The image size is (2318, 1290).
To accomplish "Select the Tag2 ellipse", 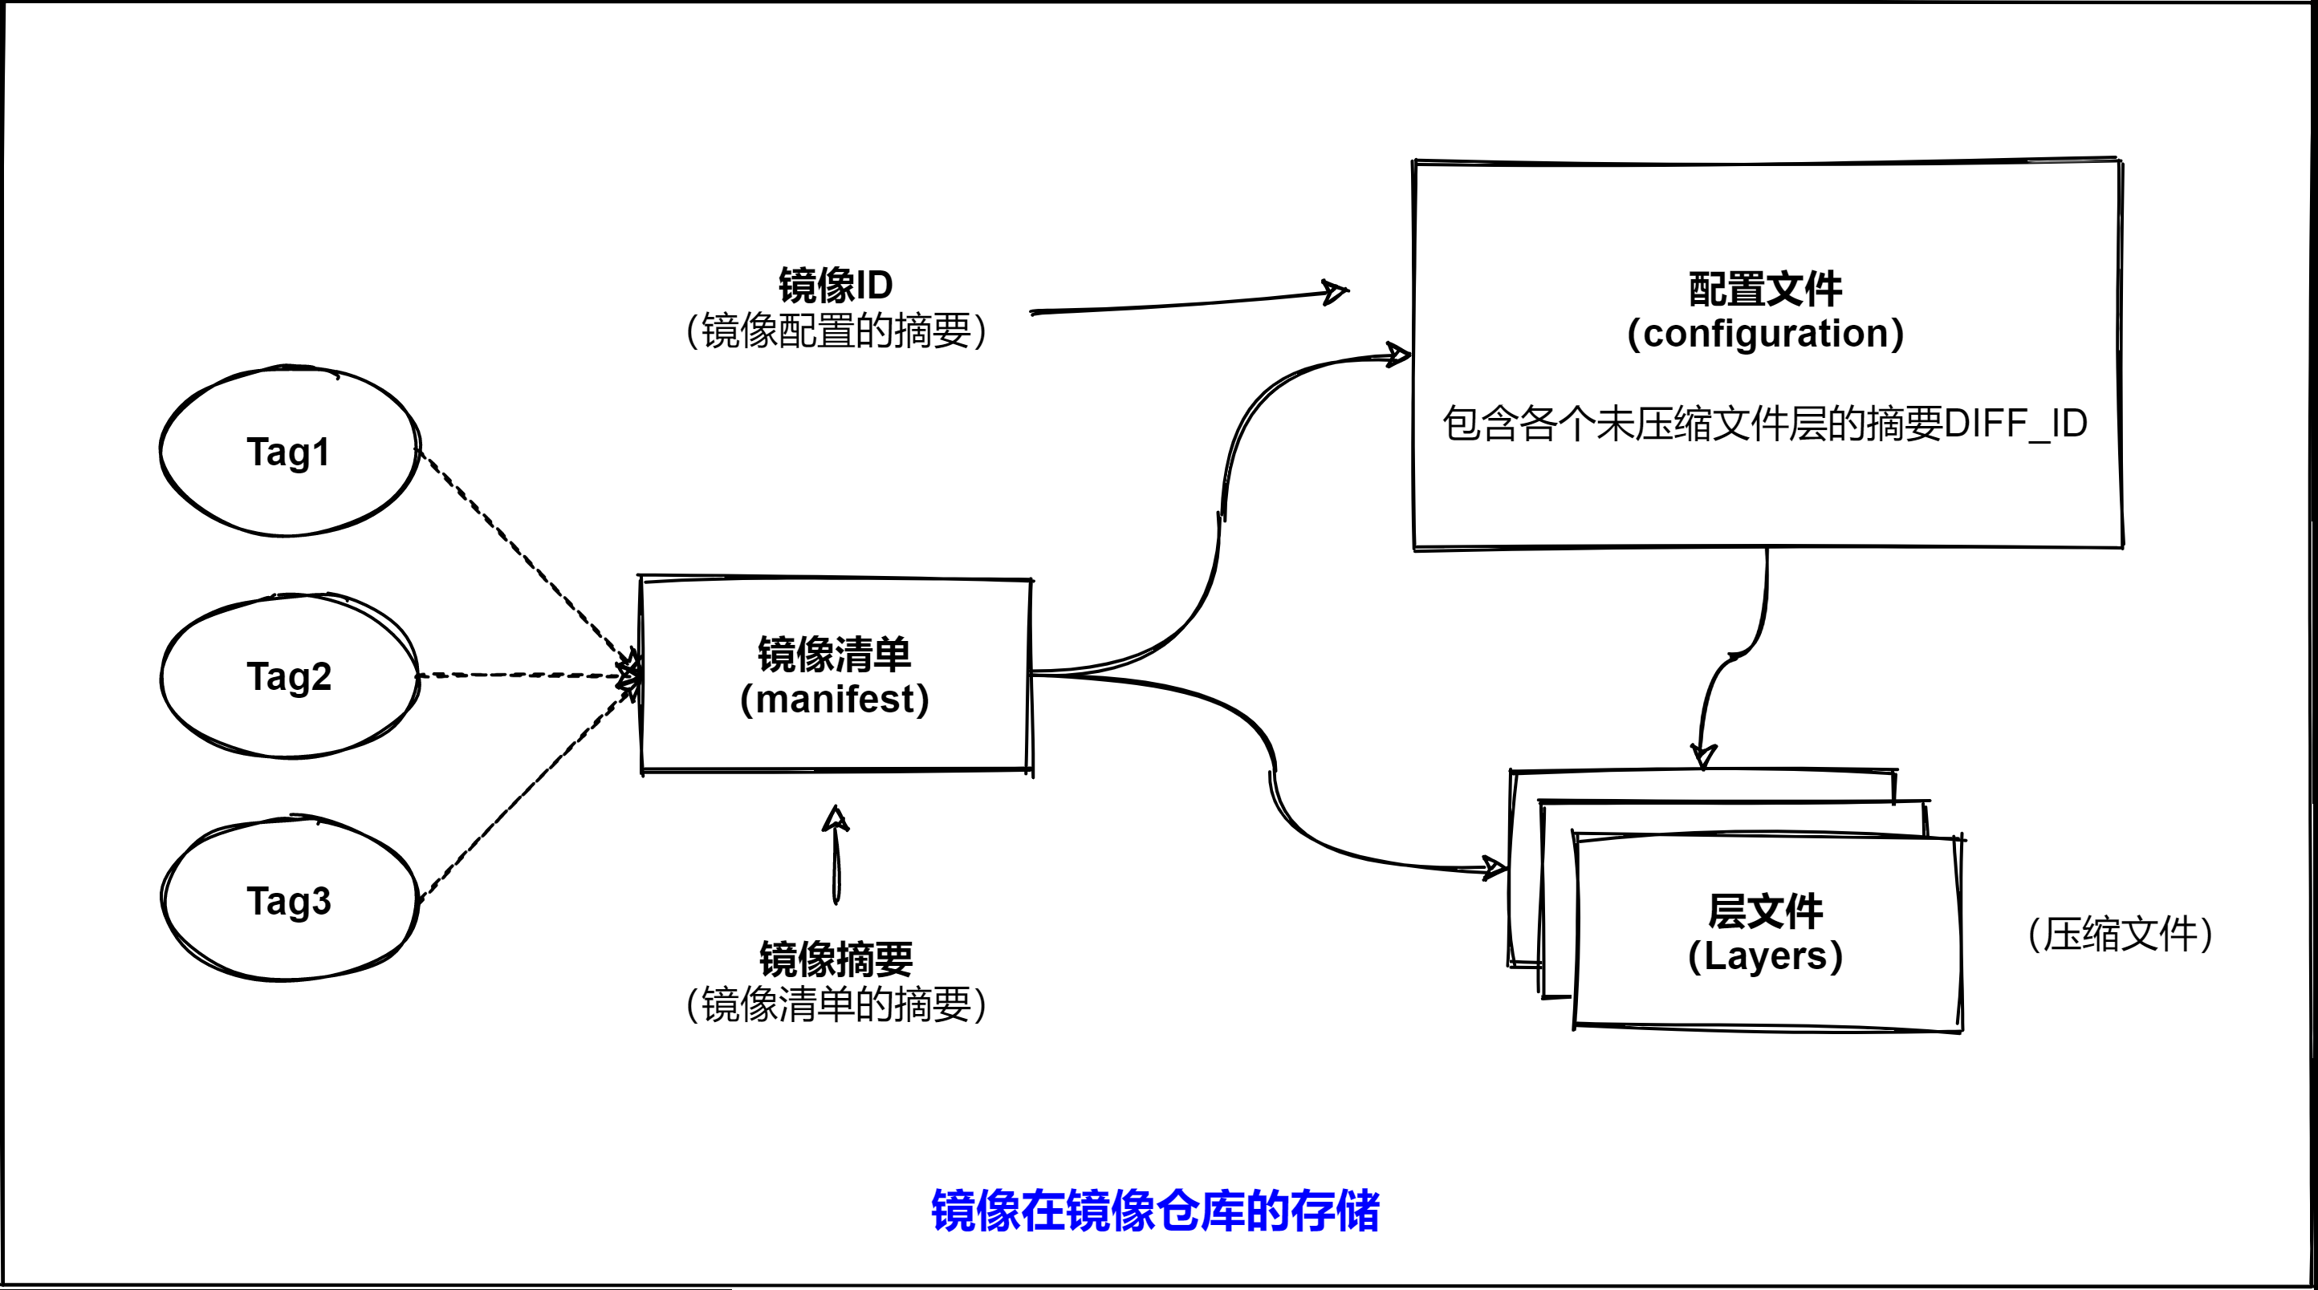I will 288,675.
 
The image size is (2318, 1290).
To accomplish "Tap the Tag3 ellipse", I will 288,900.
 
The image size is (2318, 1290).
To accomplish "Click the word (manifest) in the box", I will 834,699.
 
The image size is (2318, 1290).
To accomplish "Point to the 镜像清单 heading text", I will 834,654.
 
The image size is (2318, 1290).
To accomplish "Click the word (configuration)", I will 1766,333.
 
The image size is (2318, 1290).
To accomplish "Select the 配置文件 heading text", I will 1766,289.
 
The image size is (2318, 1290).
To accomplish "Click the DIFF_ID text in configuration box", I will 2015,424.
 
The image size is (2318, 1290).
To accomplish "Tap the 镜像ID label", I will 835,285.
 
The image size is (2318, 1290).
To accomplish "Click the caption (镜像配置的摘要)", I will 835,331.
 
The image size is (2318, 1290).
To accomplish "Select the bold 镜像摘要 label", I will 835,959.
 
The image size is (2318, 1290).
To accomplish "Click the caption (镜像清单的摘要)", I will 835,1004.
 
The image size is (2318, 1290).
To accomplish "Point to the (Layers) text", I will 1766,955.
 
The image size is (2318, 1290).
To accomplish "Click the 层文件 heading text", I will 1766,911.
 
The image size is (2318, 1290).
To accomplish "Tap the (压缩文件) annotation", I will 2120,934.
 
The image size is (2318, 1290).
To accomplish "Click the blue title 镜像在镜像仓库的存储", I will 1154,1210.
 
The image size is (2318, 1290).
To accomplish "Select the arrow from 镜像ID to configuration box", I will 1188,303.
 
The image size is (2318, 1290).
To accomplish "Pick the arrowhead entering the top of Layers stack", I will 1702,756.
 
